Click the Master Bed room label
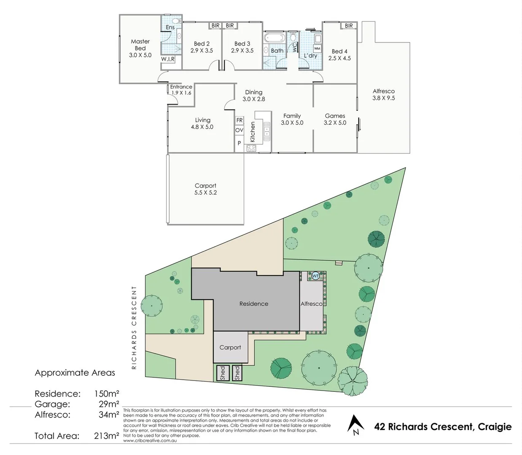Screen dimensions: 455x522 140,45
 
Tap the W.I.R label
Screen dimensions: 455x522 168,59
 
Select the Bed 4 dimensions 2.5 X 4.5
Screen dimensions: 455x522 339,59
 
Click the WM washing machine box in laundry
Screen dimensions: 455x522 317,48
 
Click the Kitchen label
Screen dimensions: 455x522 253,132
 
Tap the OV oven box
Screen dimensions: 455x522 239,130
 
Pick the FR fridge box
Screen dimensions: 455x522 239,120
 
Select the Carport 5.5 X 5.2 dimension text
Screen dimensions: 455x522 205,193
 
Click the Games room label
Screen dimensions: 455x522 335,116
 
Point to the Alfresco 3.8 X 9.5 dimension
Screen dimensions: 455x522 383,98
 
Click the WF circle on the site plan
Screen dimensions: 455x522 315,276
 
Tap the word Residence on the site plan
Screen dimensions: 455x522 253,304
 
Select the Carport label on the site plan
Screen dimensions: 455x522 230,348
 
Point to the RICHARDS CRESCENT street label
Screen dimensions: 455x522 134,328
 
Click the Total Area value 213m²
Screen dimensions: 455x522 106,436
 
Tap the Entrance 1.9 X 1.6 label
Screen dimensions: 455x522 181,90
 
